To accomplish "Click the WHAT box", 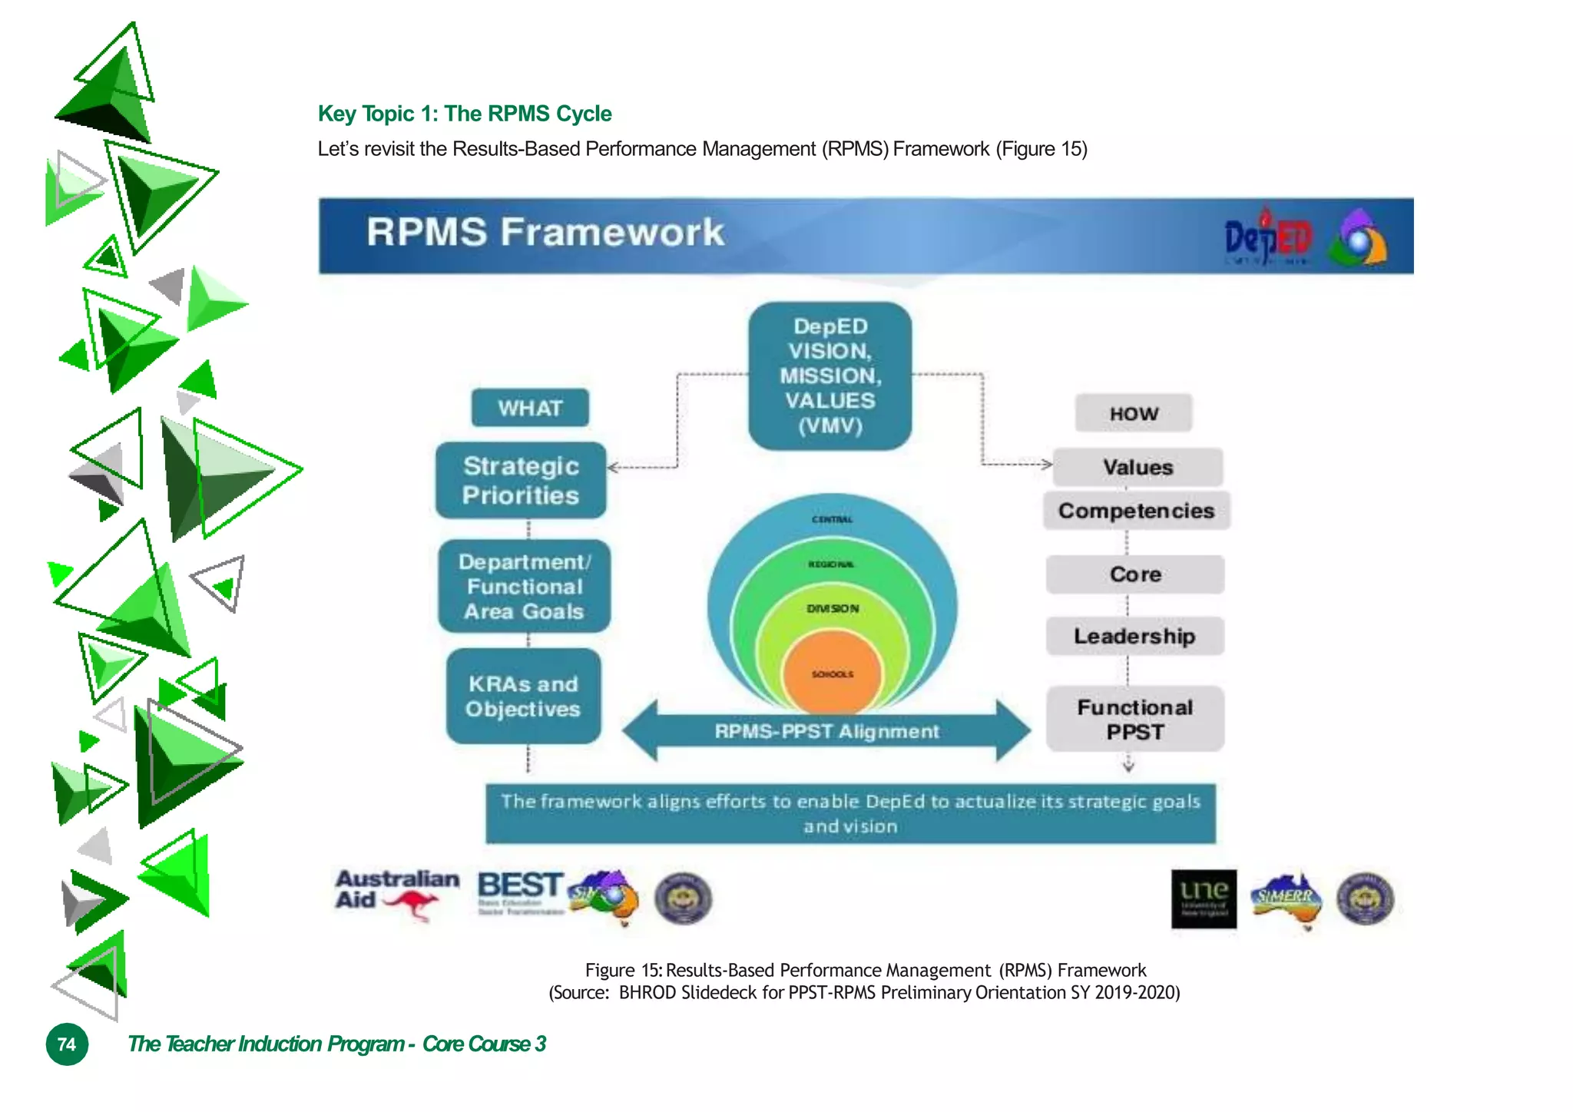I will click(530, 408).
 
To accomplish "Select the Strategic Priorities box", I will click(521, 481).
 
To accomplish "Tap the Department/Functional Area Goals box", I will click(525, 587).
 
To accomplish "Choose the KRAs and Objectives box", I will click(524, 697).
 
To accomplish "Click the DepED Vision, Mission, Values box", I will click(830, 376).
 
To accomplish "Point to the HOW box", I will click(1134, 414).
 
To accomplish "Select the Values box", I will click(1138, 467).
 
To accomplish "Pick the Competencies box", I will click(1136, 511).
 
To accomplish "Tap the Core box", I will click(1135, 574).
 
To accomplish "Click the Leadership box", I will click(1134, 636).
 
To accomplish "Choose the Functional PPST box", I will click(1135, 719).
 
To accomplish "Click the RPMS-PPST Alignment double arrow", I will click(826, 731).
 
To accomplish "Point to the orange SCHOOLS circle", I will click(832, 674).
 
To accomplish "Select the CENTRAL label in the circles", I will click(832, 519).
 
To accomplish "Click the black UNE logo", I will click(1204, 899).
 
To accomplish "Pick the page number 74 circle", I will click(68, 1044).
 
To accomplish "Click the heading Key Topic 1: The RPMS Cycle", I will click(465, 114).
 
